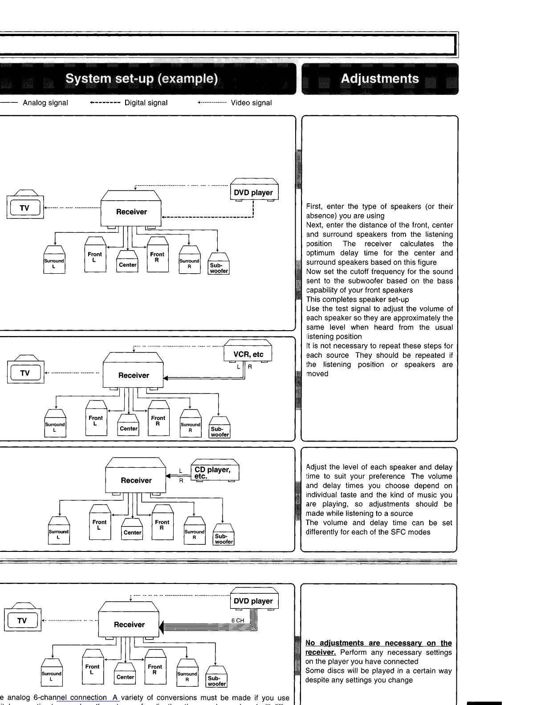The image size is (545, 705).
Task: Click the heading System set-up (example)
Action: pos(142,79)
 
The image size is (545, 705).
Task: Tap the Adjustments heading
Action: pos(379,79)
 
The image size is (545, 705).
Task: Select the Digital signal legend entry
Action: pos(146,103)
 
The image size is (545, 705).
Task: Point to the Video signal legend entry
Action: pos(251,103)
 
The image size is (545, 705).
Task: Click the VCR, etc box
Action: pos(248,354)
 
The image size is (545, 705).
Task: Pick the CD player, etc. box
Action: pos(214,472)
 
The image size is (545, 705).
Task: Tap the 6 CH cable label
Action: pos(238,620)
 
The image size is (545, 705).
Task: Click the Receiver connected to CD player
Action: pos(136,480)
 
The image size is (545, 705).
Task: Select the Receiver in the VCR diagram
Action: pos(134,375)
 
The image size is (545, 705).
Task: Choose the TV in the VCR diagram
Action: pos(25,373)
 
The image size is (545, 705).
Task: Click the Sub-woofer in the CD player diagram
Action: pos(224,539)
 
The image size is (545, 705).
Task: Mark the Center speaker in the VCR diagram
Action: pos(128,428)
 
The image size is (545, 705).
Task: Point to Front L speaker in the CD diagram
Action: pos(100,524)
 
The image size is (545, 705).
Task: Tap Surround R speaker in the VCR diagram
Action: pos(190,427)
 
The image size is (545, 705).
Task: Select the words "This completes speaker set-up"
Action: pos(358,300)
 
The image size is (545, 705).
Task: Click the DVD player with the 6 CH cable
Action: pos(253,601)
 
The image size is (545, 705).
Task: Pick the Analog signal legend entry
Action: pos(45,103)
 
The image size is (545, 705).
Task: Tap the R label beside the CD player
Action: pos(181,481)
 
